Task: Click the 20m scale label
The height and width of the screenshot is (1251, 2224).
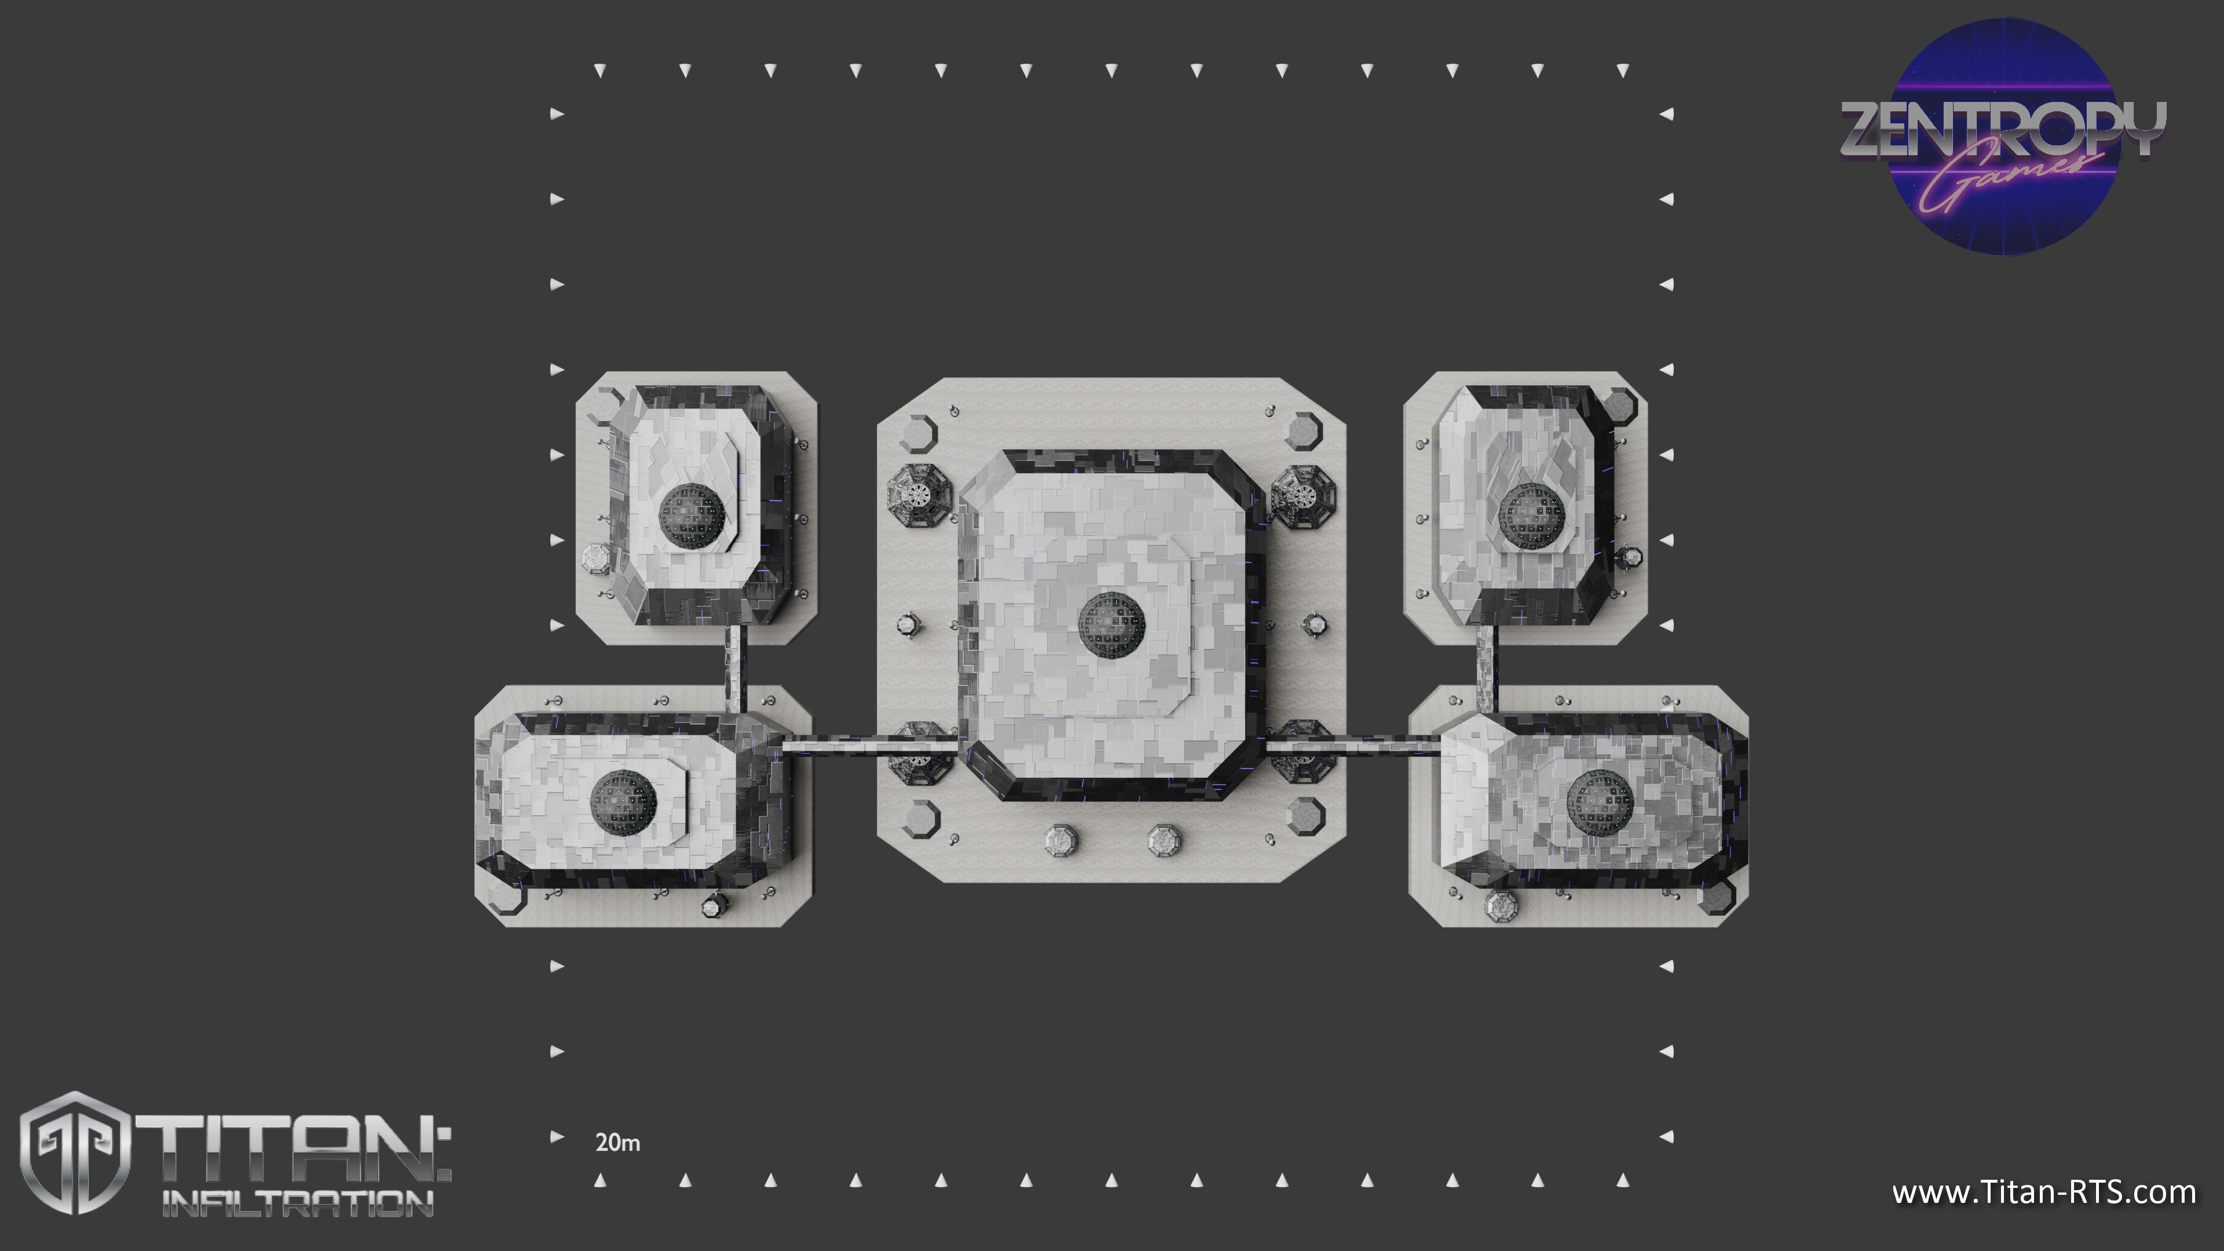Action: [617, 1142]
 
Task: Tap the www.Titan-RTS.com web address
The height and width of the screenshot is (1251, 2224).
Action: [2043, 1193]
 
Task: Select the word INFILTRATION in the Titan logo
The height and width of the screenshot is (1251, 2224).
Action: [298, 1204]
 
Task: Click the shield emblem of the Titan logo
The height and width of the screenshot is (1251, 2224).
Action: [76, 1153]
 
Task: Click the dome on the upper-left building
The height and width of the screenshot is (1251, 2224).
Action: [692, 515]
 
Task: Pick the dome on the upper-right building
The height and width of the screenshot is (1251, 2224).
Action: [1531, 515]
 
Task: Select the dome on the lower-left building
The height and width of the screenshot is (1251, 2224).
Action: [623, 803]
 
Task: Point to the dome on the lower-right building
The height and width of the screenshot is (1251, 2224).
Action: [1600, 803]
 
